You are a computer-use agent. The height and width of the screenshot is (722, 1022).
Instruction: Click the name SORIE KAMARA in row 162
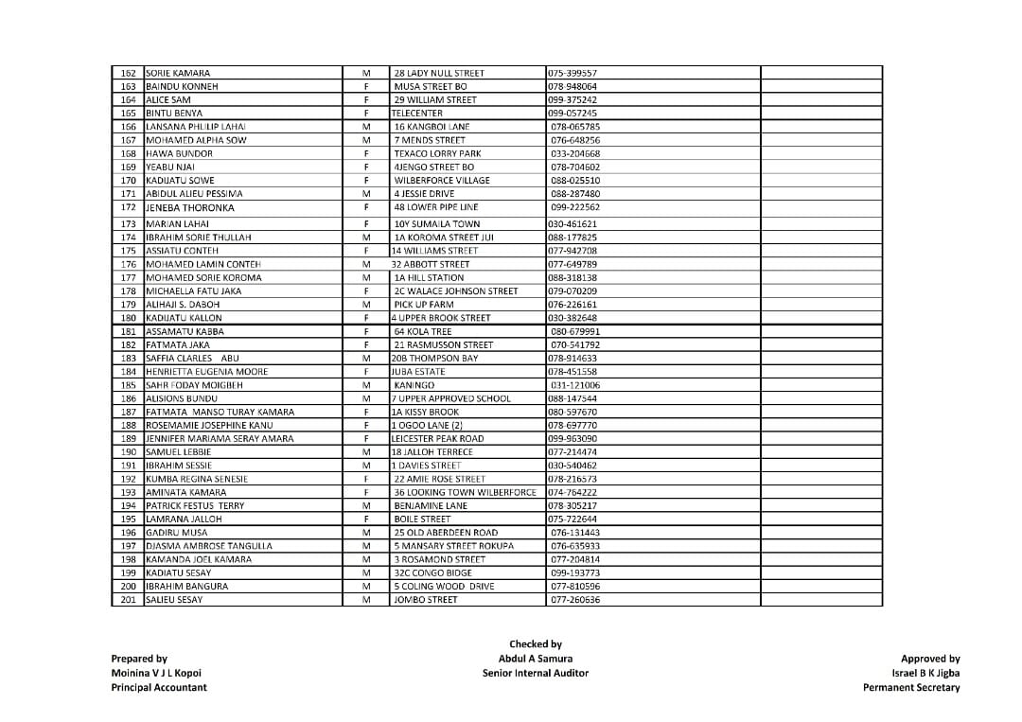click(178, 73)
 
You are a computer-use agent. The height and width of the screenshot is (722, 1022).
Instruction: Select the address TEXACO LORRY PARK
click(437, 153)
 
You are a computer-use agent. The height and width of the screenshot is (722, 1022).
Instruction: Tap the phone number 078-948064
click(573, 86)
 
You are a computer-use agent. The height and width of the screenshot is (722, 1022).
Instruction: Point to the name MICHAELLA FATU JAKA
click(193, 291)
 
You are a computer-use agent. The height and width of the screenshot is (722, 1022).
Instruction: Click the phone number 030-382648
click(573, 318)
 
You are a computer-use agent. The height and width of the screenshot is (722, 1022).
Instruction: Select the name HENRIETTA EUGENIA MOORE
click(206, 372)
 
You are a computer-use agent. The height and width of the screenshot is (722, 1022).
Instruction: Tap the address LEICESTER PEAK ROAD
click(437, 439)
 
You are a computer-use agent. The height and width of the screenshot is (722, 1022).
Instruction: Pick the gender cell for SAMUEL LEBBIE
click(365, 452)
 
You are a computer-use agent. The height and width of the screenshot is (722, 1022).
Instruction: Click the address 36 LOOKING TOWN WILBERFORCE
click(465, 492)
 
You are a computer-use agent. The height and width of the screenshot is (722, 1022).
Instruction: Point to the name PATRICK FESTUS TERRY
click(195, 506)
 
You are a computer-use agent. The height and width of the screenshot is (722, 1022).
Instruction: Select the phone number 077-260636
click(575, 600)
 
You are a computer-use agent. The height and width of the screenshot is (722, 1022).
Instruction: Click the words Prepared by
click(139, 659)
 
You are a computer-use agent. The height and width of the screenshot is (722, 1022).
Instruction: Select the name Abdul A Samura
click(535, 659)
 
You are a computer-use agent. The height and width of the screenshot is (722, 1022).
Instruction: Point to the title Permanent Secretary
click(910, 688)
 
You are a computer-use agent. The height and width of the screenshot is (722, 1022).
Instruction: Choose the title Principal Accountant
click(159, 688)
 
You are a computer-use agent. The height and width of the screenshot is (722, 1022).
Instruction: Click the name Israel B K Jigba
click(925, 674)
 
